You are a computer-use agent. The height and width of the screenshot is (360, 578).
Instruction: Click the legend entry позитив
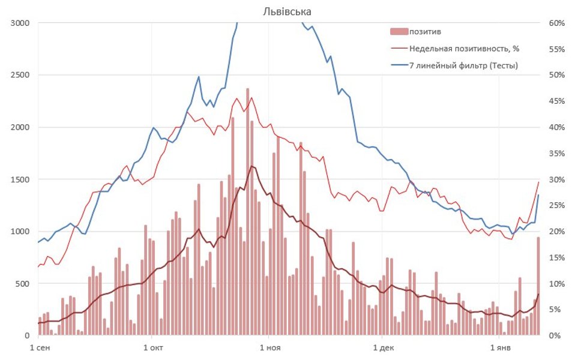click(426, 31)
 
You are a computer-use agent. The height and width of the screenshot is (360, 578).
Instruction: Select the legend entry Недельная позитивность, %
click(460, 48)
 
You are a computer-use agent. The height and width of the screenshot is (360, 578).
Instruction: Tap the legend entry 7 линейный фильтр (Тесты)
click(463, 65)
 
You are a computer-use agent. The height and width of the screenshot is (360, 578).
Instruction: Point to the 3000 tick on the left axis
click(20, 23)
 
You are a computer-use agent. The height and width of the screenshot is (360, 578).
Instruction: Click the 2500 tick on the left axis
click(20, 75)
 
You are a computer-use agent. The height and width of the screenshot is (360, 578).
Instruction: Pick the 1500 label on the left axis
click(20, 179)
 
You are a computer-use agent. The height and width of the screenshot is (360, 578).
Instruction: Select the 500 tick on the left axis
click(23, 283)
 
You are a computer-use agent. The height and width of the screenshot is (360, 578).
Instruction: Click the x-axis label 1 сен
click(40, 347)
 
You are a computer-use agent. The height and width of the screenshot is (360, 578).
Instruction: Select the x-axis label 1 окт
click(154, 347)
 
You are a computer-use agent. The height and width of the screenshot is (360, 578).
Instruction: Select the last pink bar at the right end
click(538, 286)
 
